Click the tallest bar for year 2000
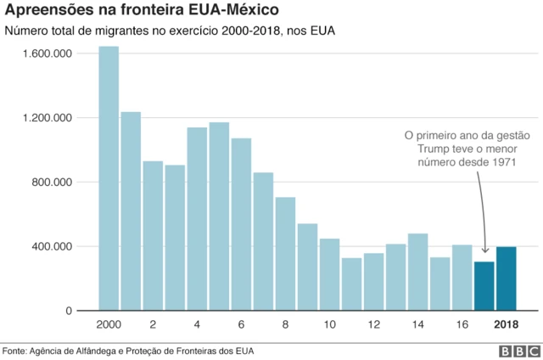pyautogui.click(x=109, y=178)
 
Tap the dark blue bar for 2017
pyautogui.click(x=484, y=286)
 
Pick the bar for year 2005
pyautogui.click(x=219, y=217)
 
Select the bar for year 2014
pyautogui.click(x=417, y=272)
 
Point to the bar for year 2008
pyautogui.click(x=285, y=254)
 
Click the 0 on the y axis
pyautogui.click(x=70, y=312)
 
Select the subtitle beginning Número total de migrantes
pyautogui.click(x=170, y=33)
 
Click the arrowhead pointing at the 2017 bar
pyautogui.click(x=485, y=249)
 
